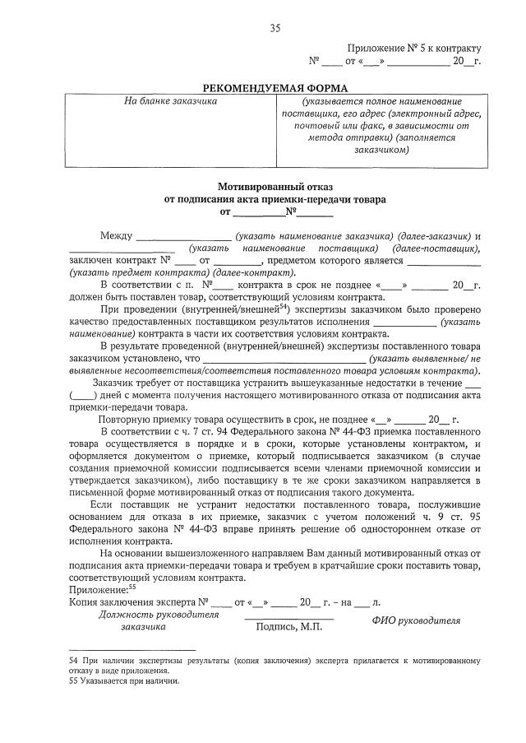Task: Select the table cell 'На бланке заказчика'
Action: point(170,101)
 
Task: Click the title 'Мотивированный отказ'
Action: point(276,186)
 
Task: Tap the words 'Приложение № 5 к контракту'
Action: point(414,49)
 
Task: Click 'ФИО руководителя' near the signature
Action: point(416,620)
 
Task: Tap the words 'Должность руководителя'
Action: point(147,614)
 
